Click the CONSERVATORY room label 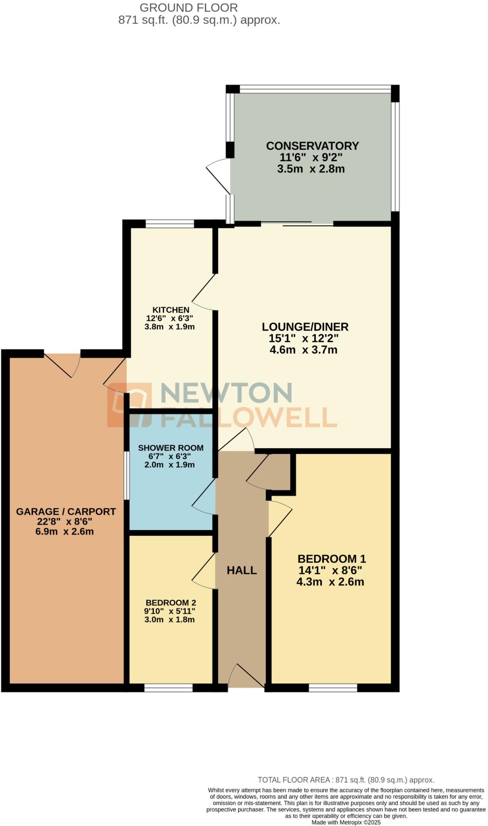tap(312, 146)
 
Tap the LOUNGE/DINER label tap(305, 327)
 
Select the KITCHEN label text tap(171, 310)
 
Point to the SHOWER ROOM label tap(171, 448)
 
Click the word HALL tap(242, 570)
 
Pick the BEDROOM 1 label tap(332, 559)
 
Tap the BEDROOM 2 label tap(171, 603)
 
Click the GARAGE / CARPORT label tap(66, 512)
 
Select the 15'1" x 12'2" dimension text tap(303, 338)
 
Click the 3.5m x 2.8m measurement tap(311, 169)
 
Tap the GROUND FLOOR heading tap(188, 8)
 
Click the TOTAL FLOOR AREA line tap(346, 780)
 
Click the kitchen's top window tap(170, 223)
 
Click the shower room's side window tap(127, 476)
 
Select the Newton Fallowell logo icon tap(129, 405)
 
